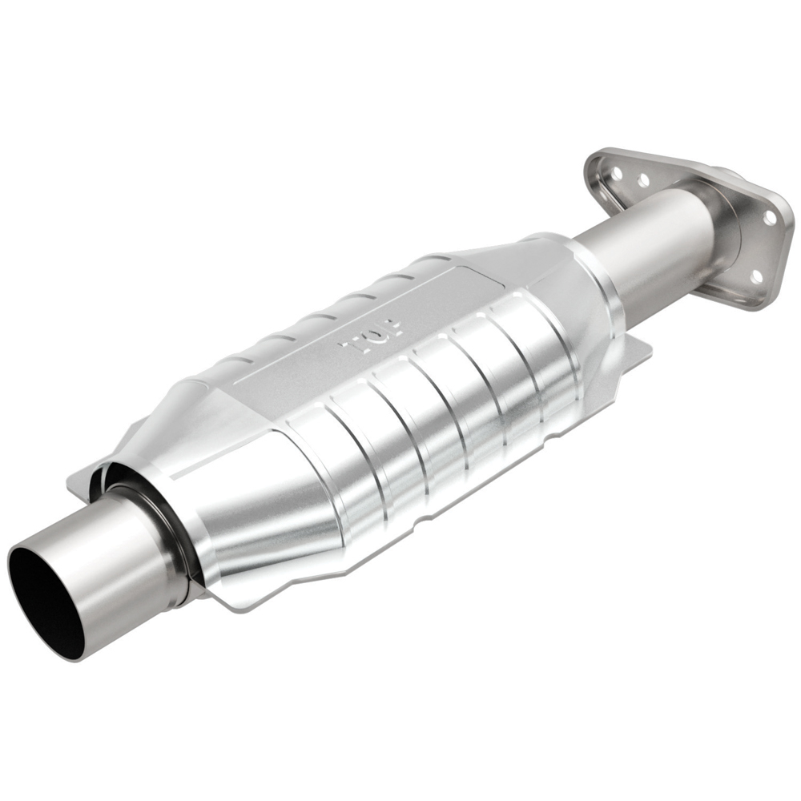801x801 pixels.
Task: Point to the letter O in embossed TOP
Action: tap(372, 337)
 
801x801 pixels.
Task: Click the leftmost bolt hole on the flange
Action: tap(617, 171)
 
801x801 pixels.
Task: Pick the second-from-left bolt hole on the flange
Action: tap(642, 180)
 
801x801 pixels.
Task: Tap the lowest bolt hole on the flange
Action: tap(755, 276)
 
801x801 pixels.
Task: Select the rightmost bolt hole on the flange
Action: tap(769, 216)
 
